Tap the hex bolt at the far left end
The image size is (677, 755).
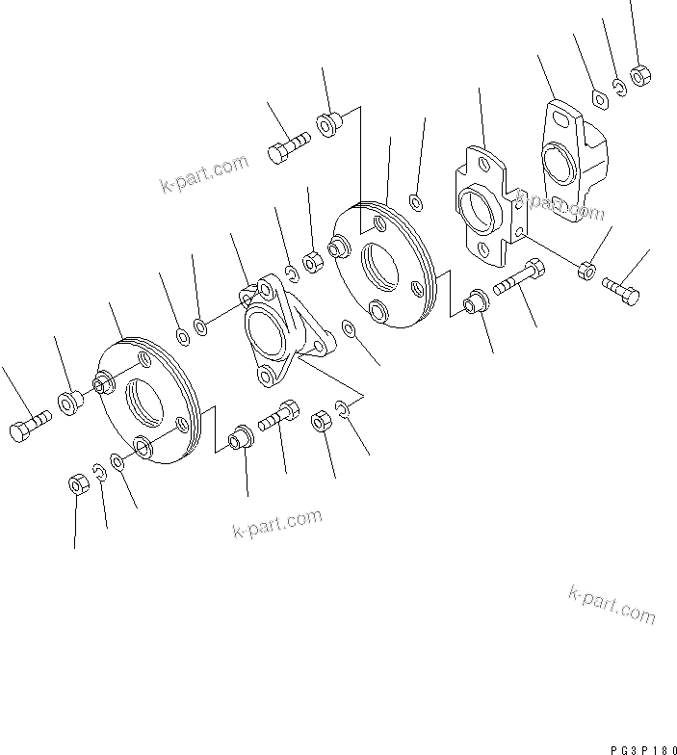(28, 426)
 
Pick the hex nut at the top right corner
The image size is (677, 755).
(638, 74)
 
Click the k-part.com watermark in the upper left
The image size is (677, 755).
(204, 175)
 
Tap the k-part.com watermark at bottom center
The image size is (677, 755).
(277, 524)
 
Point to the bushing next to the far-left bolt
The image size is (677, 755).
(70, 402)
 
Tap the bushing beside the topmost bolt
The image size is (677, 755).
(326, 125)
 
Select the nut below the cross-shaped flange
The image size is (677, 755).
(585, 271)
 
